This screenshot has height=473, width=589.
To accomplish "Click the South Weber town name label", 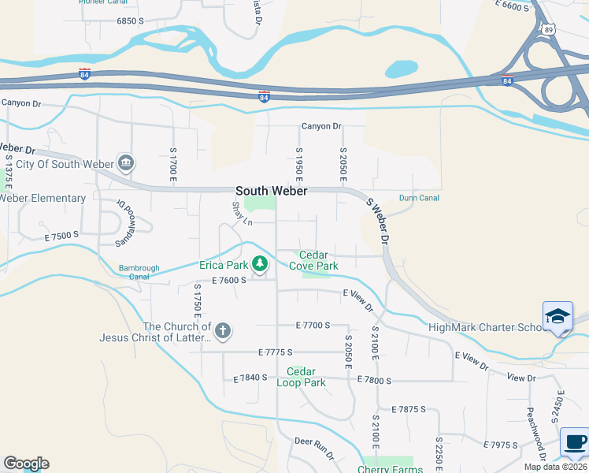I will point(271,192).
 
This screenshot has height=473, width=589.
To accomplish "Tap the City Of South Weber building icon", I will point(125,163).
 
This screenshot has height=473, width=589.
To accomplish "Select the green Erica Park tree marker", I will point(261,264).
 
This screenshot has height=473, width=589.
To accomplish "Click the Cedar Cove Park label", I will point(313,261).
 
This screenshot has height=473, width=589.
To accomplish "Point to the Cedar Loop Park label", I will point(301,377).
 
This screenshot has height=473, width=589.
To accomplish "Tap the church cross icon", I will point(223,330).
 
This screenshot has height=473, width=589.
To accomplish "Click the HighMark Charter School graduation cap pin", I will point(558,317).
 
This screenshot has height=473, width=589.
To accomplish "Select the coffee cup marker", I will point(575,442).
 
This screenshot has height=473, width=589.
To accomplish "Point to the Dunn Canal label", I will point(419,198).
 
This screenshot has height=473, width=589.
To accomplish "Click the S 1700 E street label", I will point(173,161).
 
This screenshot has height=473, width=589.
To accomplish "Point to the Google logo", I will point(26,464).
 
